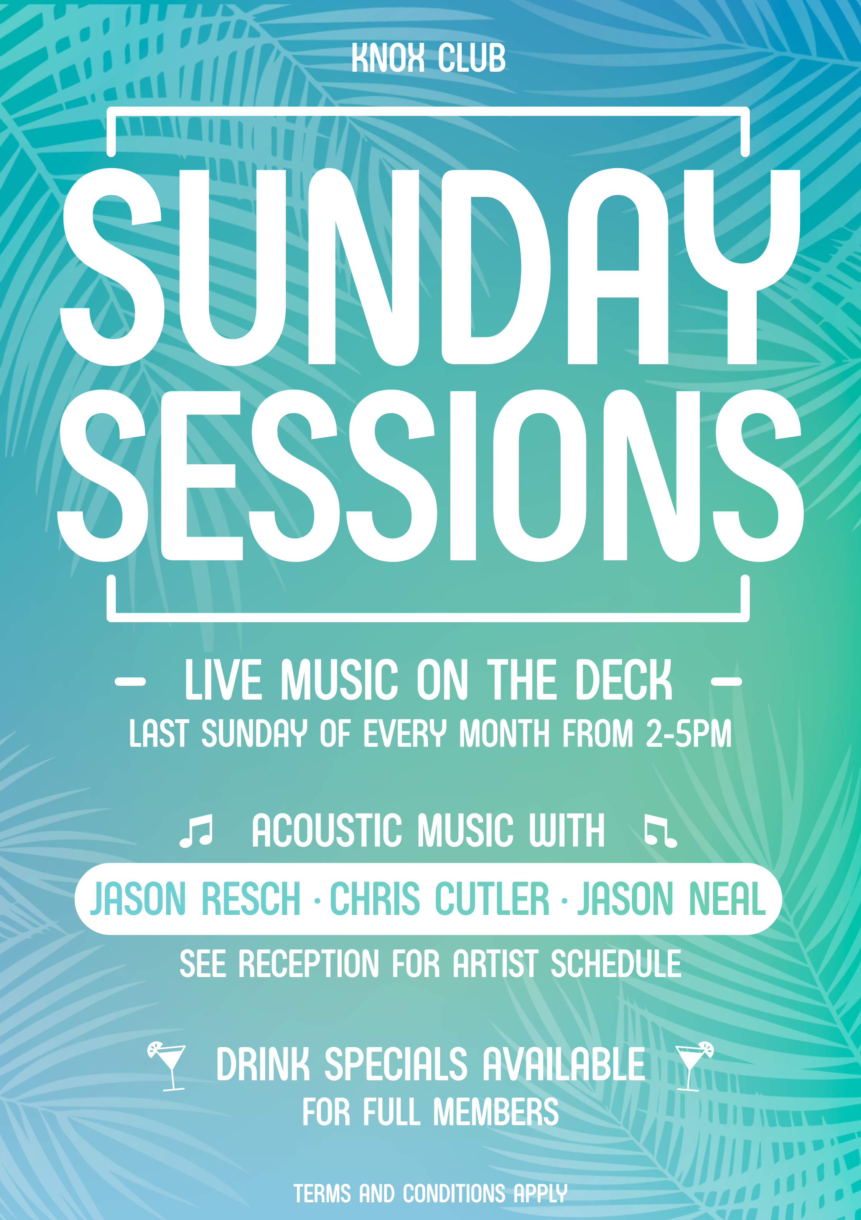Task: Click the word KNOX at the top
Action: click(x=388, y=58)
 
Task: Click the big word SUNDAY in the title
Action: click(x=430, y=267)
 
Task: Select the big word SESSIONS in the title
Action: click(x=430, y=475)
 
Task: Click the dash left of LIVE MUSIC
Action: click(x=130, y=681)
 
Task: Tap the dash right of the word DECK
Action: click(x=726, y=681)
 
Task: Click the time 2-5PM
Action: click(x=688, y=734)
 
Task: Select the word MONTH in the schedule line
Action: click(x=504, y=734)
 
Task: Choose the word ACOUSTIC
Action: click(x=327, y=830)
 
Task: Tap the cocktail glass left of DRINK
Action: click(x=167, y=1066)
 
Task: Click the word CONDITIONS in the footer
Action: click(x=454, y=1194)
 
